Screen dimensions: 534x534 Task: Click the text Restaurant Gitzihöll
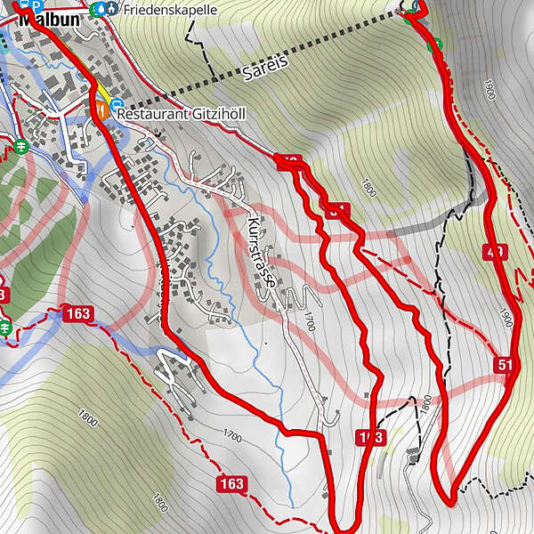pyautogui.click(x=181, y=115)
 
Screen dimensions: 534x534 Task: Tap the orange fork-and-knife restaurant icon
pyautogui.click(x=102, y=111)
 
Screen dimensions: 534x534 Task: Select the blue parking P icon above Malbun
pyautogui.click(x=36, y=4)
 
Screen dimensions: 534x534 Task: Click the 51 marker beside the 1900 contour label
pyautogui.click(x=506, y=366)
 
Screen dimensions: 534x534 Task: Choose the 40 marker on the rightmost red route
pyautogui.click(x=495, y=252)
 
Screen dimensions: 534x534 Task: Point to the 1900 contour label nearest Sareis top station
pyautogui.click(x=488, y=89)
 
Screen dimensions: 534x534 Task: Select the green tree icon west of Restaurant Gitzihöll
pyautogui.click(x=21, y=145)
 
